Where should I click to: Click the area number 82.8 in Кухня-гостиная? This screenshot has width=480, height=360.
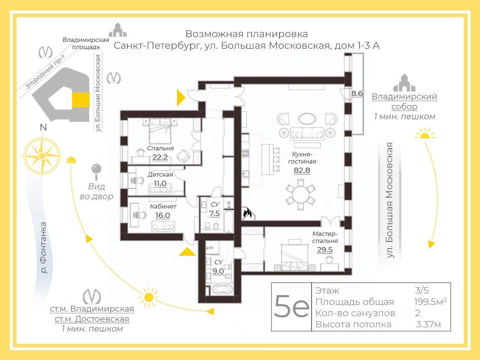coord(301,170)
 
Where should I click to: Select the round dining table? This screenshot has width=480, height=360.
coord(301,195)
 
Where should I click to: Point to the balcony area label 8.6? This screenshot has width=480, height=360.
coord(357,93)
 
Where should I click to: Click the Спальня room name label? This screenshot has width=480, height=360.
coord(160,148)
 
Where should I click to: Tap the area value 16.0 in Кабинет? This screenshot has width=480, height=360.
coord(162,215)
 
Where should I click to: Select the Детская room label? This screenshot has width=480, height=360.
coord(160,174)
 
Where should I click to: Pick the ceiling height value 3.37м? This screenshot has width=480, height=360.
coord(428,324)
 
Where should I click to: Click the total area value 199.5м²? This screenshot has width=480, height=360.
coord(430,302)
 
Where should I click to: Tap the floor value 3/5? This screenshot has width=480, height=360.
coord(422,290)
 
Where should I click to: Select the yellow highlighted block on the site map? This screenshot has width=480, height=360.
coord(81,100)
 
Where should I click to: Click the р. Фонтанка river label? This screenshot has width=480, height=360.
coord(44,247)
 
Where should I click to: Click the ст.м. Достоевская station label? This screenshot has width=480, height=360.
coord(92,319)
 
